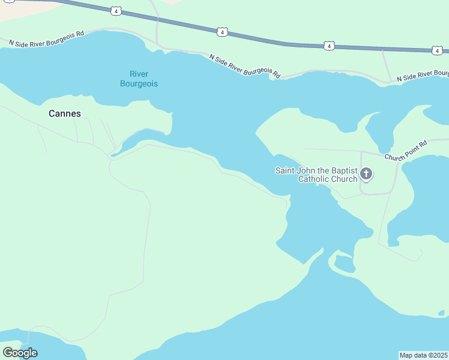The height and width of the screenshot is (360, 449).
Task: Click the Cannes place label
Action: pyautogui.click(x=64, y=113)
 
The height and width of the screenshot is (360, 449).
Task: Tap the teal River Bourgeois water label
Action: pyautogui.click(x=139, y=79)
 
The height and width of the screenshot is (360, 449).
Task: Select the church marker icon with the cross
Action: pyautogui.click(x=366, y=175)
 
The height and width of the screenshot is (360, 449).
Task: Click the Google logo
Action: pyautogui.click(x=20, y=353)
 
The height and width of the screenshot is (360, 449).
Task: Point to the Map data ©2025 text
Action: pyautogui.click(x=423, y=355)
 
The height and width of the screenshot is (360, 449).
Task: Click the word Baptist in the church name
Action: pyautogui.click(x=343, y=170)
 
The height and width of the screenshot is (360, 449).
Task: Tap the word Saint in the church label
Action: pyautogui.click(x=285, y=170)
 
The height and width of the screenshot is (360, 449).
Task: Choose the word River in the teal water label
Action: pyautogui.click(x=139, y=74)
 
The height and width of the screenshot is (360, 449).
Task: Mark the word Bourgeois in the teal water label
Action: pyautogui.click(x=139, y=84)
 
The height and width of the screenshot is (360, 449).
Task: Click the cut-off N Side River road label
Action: pyautogui.click(x=423, y=76)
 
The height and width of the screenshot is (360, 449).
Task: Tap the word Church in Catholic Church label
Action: pyautogui.click(x=345, y=179)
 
